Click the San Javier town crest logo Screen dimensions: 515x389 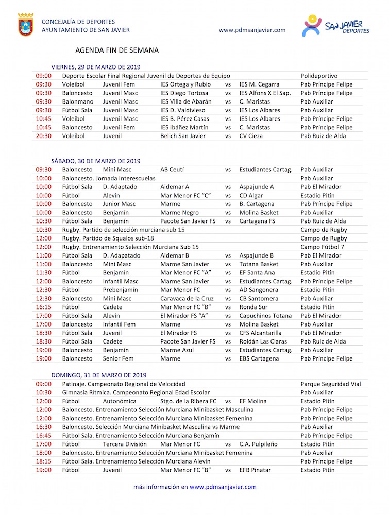coord(26,25)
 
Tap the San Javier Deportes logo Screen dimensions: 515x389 coord(335,26)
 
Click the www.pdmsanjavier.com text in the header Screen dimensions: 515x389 coord(252,30)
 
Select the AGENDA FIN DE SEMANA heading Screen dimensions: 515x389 coord(117,50)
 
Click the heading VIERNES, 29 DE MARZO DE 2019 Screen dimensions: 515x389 coord(96,67)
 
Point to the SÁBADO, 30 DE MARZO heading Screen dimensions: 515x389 coord(95,161)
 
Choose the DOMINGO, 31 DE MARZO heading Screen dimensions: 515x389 coord(98,375)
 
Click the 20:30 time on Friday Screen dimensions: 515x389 coord(43,136)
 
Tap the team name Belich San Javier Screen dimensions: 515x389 coord(183,136)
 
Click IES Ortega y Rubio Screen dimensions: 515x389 coord(185,84)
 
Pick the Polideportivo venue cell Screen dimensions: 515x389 coord(319,76)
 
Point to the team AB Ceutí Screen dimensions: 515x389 coord(172,169)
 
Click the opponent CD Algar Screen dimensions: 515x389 coord(251,195)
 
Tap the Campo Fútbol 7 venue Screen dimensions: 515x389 coord(323,247)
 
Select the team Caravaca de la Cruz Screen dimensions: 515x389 coord(187,298)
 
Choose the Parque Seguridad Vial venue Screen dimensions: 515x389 coord(331,384)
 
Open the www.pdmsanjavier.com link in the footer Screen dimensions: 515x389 coord(223,487)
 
